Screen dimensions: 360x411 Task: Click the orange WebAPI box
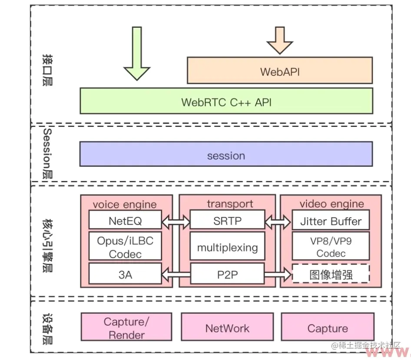click(x=279, y=70)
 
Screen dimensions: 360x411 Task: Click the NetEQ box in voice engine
click(x=125, y=220)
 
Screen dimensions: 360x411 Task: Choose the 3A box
click(x=125, y=274)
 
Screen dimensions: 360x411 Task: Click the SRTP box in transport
click(x=227, y=220)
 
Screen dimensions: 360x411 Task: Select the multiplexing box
click(x=227, y=247)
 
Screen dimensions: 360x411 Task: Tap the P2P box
click(x=227, y=274)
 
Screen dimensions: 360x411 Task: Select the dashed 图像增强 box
click(x=331, y=274)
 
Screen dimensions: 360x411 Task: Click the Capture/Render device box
click(x=126, y=328)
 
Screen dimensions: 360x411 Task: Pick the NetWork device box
click(x=227, y=328)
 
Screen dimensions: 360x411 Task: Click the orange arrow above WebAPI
click(x=279, y=40)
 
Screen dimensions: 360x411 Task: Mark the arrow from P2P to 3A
click(x=176, y=274)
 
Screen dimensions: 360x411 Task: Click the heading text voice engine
click(x=125, y=204)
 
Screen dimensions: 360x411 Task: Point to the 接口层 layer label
click(x=47, y=70)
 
